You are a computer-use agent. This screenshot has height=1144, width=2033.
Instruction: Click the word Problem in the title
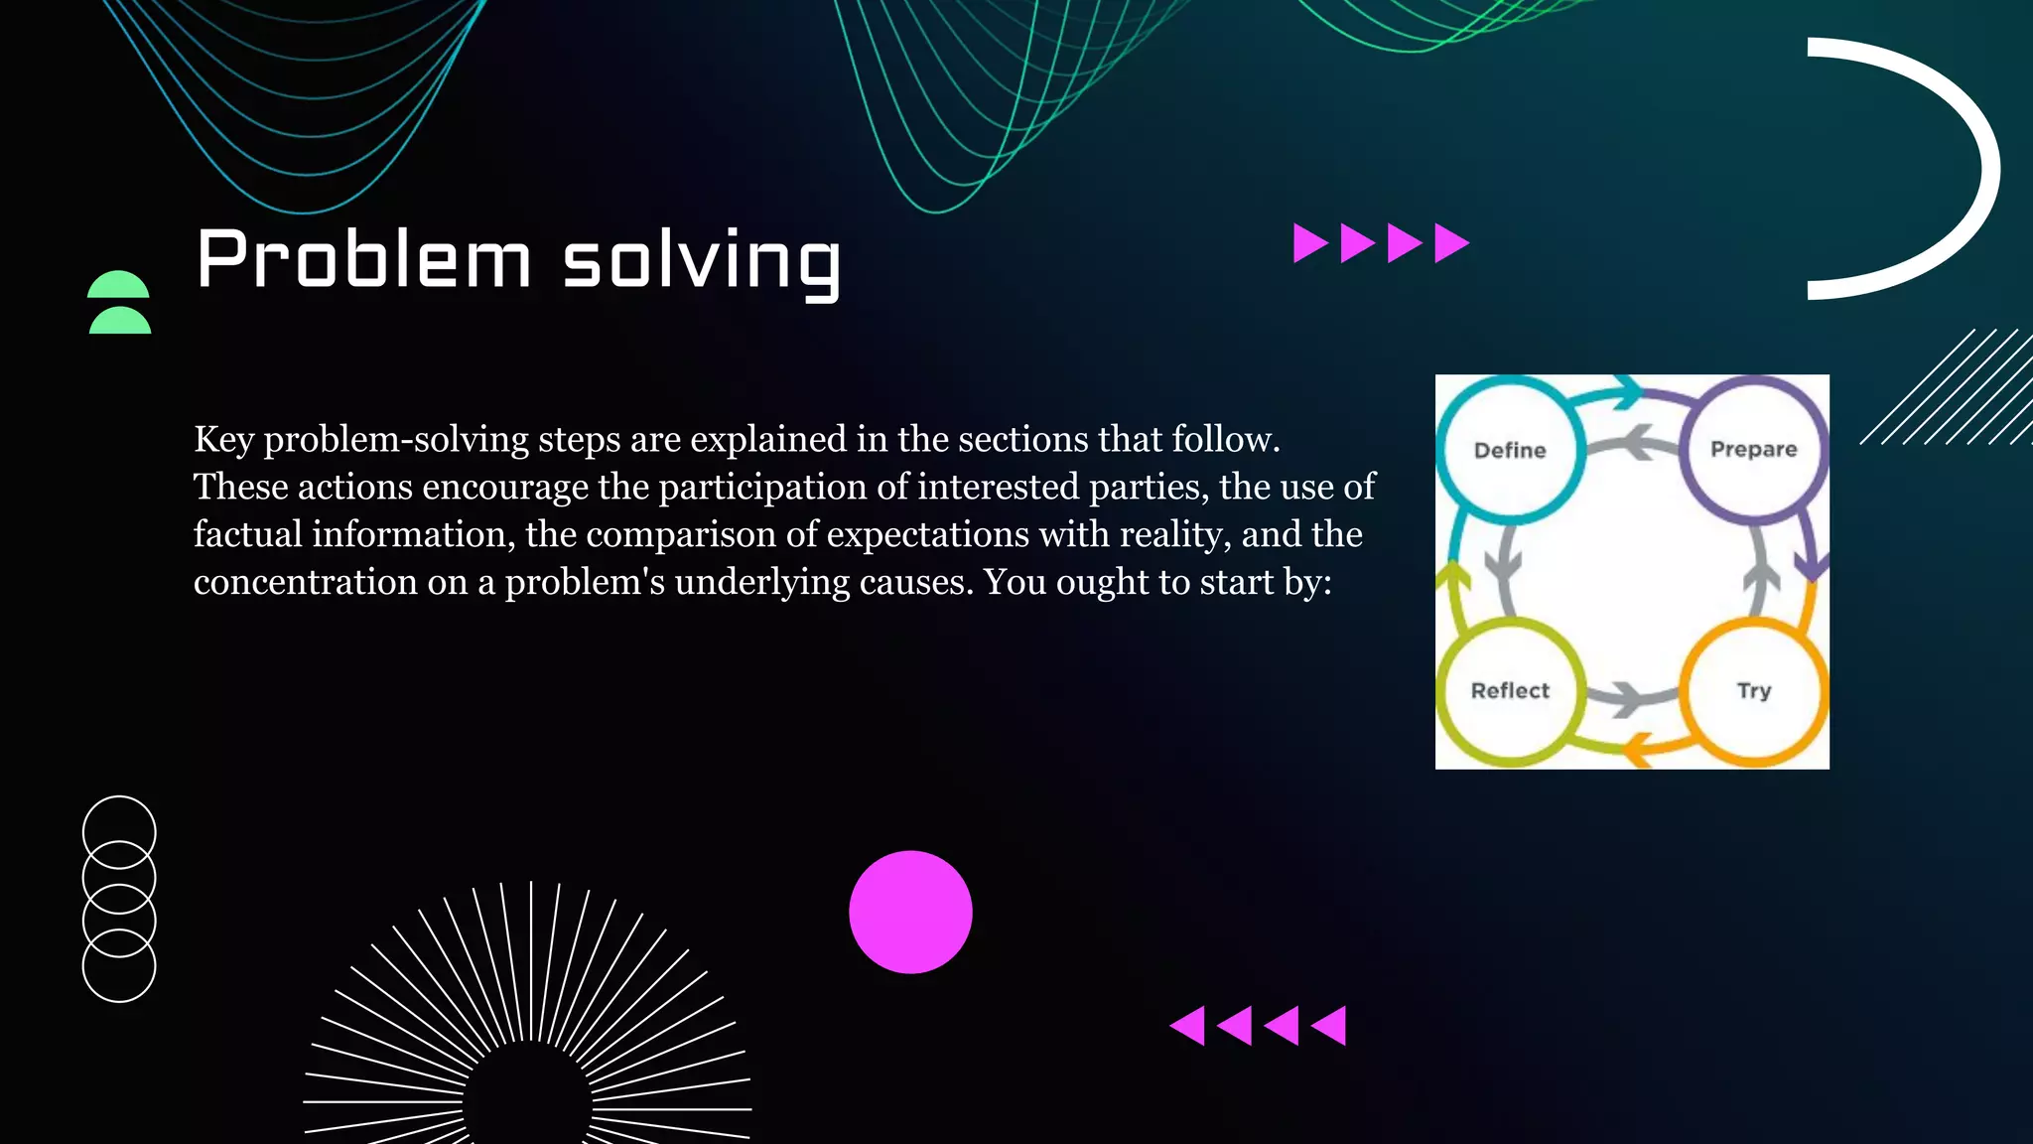pos(363,260)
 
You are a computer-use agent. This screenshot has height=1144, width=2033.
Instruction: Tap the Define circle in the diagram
pos(1509,450)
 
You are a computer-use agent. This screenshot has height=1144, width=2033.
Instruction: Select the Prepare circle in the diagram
pos(1753,449)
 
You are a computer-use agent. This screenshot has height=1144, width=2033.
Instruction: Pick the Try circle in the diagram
pos(1753,691)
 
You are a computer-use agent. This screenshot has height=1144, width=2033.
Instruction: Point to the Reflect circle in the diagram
pos(1509,691)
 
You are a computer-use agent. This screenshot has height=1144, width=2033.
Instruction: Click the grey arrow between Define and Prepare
pos(1633,443)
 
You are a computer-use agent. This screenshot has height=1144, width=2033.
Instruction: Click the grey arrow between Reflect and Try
pos(1630,697)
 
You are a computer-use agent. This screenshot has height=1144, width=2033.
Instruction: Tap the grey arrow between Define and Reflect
pos(1505,568)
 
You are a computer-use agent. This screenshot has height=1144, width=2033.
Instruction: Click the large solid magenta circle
pos(910,912)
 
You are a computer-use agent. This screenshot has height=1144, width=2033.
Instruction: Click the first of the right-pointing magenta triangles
pos(1309,243)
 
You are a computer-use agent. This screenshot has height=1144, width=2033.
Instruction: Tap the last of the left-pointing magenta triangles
pos(1330,1025)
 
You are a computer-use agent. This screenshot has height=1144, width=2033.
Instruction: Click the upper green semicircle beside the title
pos(118,286)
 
